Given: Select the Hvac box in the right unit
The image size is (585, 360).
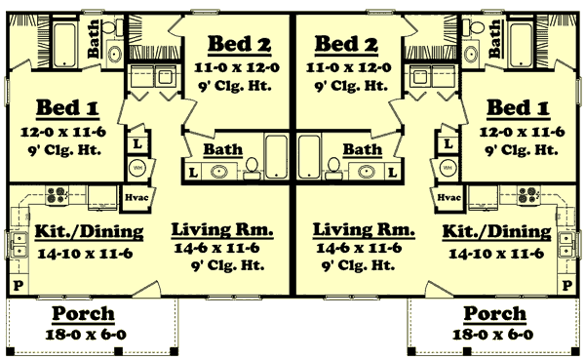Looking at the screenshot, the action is [448, 196].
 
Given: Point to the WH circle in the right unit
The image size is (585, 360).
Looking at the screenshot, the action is [448, 168].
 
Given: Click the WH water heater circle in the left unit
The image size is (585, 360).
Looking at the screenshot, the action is [136, 168].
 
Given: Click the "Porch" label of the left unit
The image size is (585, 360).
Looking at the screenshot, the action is [83, 315].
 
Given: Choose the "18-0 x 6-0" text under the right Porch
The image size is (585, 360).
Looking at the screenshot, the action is [494, 335].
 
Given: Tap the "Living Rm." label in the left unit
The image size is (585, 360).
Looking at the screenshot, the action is [222, 230].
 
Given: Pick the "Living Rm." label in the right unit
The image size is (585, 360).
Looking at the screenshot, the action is [363, 230].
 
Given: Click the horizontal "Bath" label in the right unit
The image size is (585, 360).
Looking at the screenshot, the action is [362, 150].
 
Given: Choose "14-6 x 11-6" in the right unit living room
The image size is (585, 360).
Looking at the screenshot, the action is [363, 250].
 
